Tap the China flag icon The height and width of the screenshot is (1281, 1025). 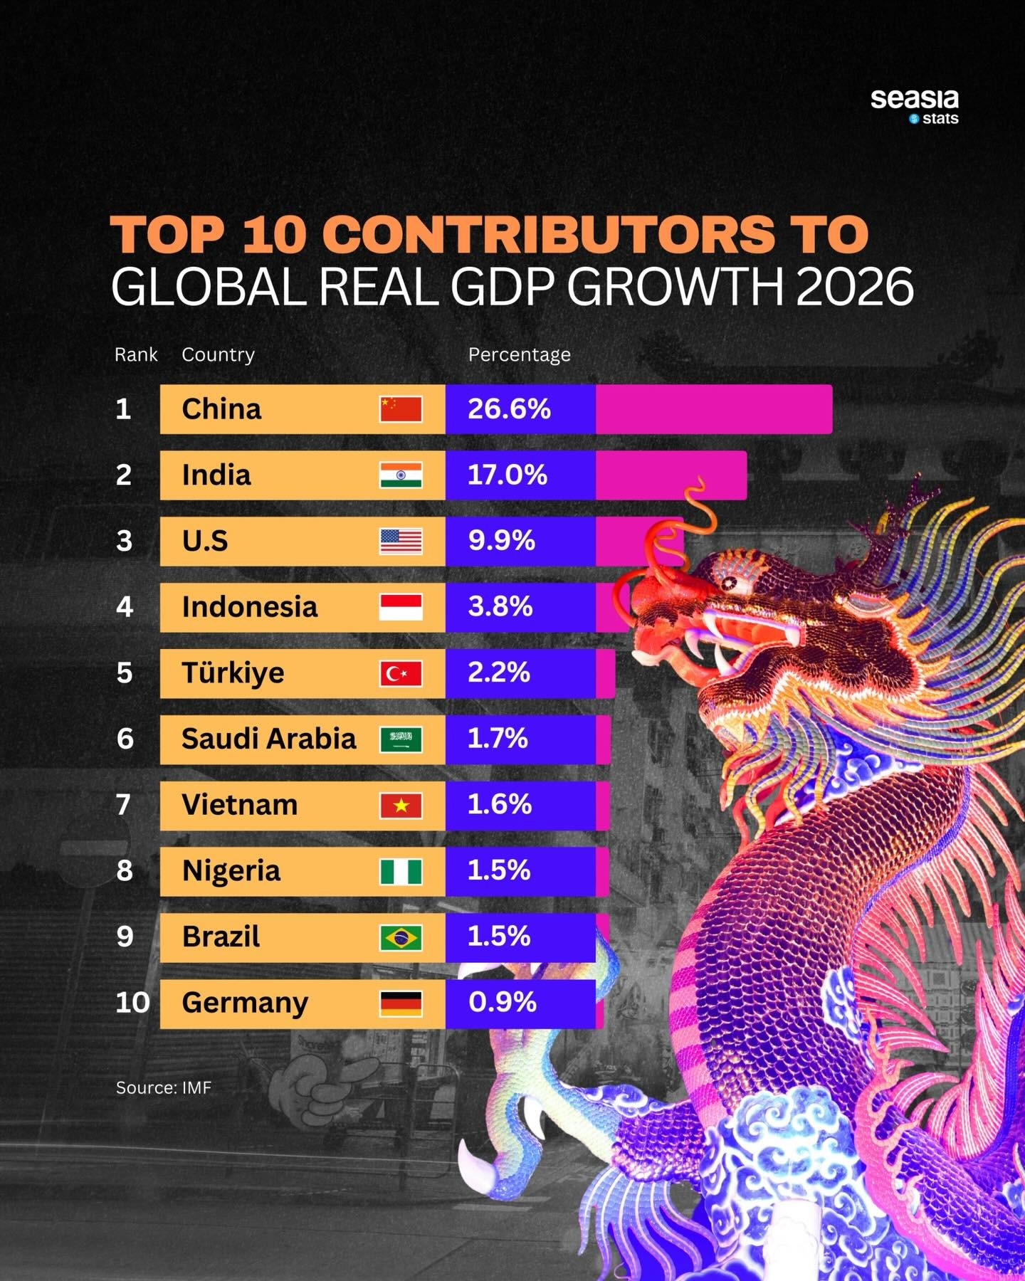(401, 409)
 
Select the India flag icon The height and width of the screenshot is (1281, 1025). (401, 475)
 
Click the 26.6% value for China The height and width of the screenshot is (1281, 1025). (509, 409)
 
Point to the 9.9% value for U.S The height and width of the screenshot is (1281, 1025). (501, 541)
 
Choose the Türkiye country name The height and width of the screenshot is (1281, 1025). (233, 673)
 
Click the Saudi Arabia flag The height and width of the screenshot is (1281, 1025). (401, 739)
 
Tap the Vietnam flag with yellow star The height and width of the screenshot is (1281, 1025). (401, 806)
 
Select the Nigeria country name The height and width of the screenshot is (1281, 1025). (231, 871)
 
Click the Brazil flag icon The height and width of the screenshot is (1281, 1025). (401, 937)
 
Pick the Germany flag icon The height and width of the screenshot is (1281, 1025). (401, 1003)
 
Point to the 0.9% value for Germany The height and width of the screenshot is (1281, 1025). (503, 1003)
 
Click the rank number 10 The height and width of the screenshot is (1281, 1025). (132, 1003)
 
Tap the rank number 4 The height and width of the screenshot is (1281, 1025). (125, 607)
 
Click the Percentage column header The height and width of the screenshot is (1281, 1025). (519, 354)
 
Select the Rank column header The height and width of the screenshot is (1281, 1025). (136, 354)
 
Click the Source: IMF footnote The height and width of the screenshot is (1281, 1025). (164, 1087)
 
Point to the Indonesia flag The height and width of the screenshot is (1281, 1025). (401, 607)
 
